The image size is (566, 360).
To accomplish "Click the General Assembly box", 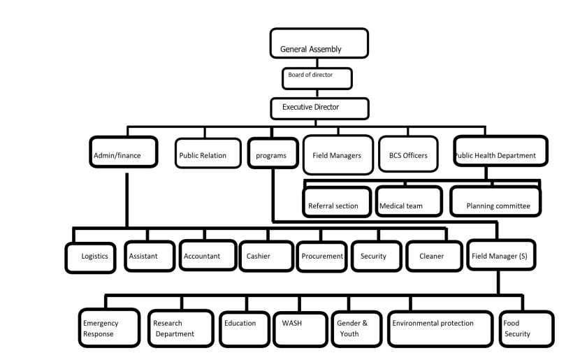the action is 319,43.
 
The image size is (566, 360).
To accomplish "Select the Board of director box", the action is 317,78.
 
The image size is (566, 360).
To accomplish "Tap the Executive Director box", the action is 319,108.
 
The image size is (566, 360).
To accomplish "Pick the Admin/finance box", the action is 124,152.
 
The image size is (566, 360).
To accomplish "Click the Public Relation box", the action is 208,153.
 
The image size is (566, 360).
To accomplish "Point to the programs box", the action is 273,153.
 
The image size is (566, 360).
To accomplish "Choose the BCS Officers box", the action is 408,154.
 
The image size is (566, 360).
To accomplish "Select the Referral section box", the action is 337,201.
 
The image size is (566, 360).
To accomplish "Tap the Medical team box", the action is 409,201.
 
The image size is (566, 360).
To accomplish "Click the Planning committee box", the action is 495,201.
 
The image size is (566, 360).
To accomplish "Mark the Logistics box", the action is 90,258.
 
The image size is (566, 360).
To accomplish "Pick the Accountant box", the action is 208,255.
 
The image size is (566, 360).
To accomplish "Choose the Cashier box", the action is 266,256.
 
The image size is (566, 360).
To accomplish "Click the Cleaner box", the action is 434,256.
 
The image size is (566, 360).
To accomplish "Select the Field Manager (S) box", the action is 501,254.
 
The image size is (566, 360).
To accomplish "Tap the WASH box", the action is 300,329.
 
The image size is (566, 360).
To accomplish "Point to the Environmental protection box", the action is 440,329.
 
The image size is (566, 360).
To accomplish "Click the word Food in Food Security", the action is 511,323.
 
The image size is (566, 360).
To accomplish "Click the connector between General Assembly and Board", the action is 317,63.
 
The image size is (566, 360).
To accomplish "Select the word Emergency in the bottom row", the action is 101,324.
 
